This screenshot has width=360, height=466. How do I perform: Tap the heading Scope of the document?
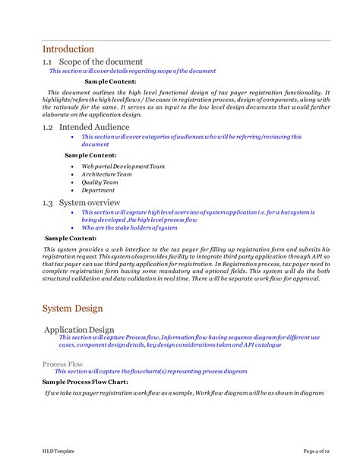(x=96, y=61)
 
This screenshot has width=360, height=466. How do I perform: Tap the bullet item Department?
(x=98, y=191)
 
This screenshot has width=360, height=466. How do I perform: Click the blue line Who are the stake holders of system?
(x=129, y=228)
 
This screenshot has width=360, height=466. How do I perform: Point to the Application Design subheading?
(x=80, y=329)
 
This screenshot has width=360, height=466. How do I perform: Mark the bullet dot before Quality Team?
(x=71, y=182)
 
